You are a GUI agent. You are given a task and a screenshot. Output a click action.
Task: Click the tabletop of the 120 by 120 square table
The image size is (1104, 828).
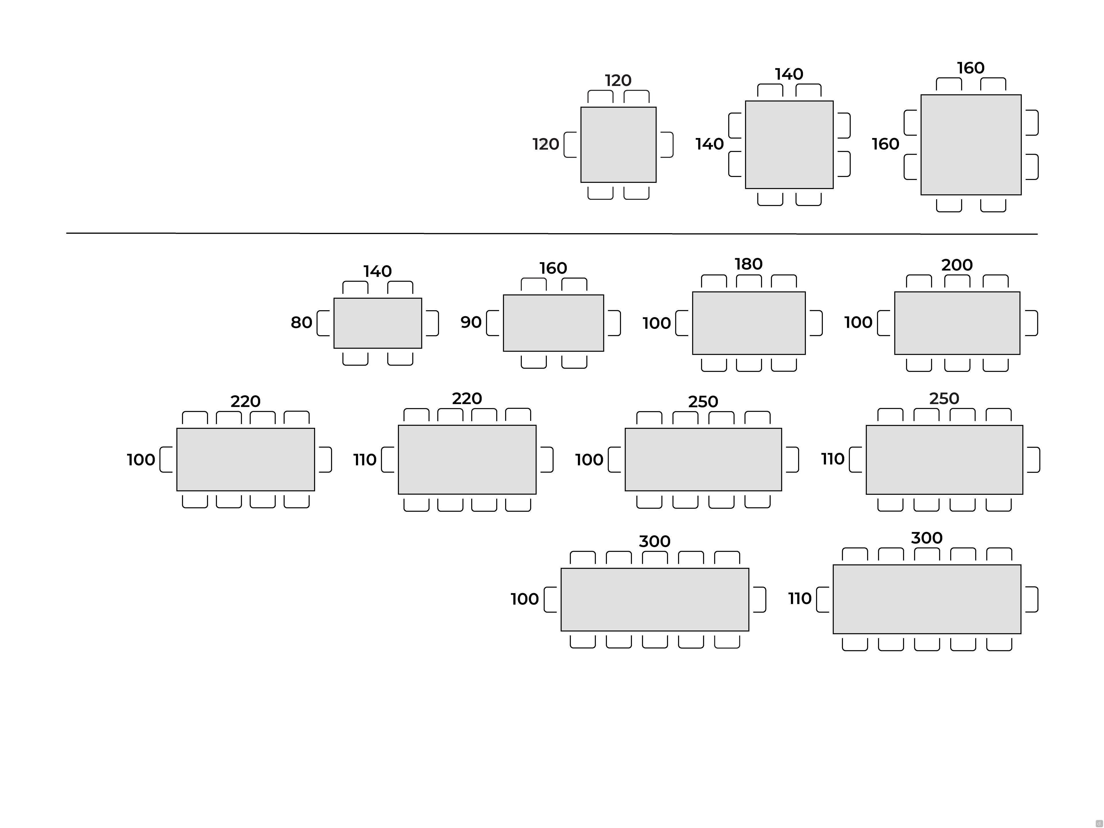(x=618, y=145)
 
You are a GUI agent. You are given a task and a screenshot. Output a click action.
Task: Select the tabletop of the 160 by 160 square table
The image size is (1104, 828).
(x=971, y=145)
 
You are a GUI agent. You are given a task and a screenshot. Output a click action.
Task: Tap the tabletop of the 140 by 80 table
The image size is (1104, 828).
(x=378, y=323)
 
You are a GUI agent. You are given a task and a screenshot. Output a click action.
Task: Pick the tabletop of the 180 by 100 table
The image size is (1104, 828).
(x=749, y=323)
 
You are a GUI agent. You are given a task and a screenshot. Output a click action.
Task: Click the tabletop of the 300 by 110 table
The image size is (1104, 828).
(x=927, y=599)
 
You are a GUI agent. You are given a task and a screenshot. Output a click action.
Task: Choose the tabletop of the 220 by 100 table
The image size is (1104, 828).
(x=246, y=459)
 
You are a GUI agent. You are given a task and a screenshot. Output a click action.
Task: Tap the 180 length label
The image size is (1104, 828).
(x=749, y=264)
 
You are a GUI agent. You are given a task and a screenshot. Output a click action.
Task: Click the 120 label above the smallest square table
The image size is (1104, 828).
(x=618, y=80)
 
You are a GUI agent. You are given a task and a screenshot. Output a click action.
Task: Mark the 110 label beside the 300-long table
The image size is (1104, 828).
(x=800, y=598)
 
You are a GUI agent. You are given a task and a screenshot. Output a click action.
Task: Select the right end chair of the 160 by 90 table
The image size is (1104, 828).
(x=614, y=323)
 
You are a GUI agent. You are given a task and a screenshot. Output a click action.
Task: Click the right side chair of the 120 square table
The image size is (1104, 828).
(x=667, y=145)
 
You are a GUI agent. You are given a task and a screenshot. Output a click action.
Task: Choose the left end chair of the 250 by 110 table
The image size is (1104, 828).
(x=855, y=459)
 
